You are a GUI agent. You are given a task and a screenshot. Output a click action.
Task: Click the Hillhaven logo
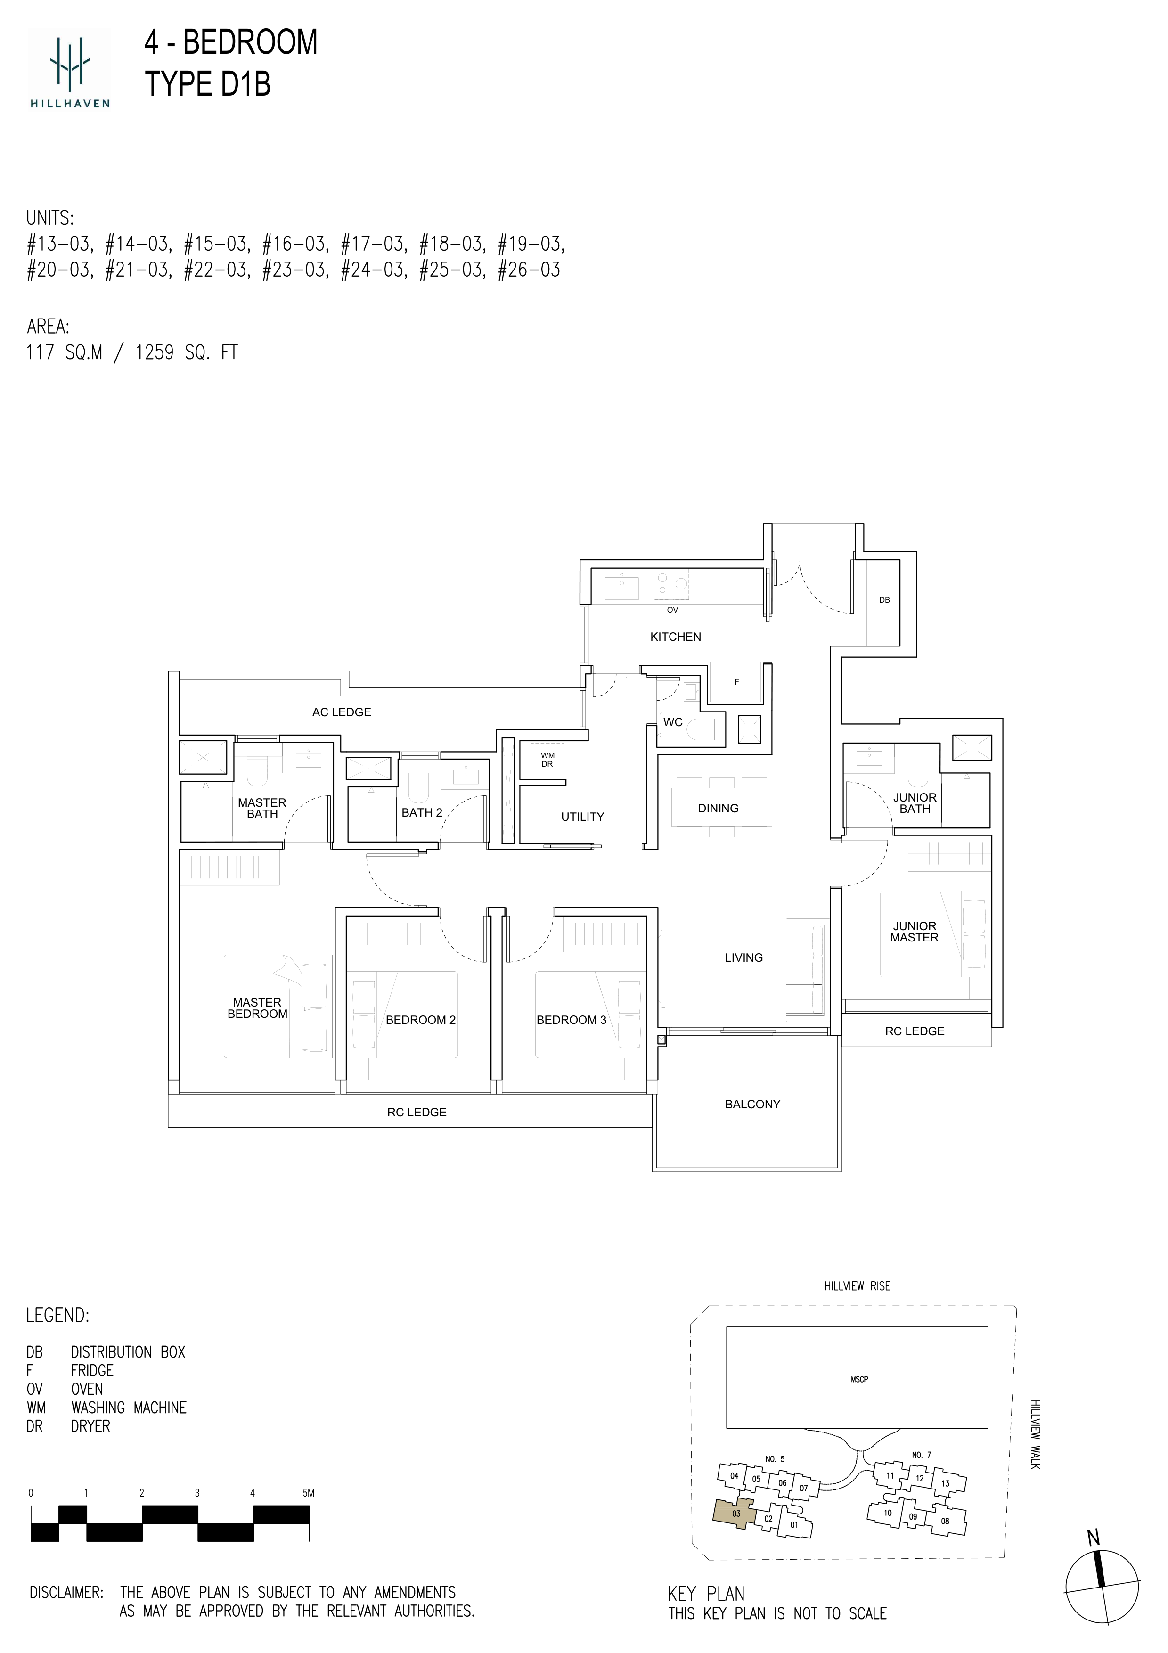coord(70,68)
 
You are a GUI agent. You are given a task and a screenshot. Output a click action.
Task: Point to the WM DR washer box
coord(547,760)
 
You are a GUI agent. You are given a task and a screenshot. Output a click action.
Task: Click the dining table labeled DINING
coord(722,807)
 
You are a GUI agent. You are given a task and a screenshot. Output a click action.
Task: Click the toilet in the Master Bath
coord(257,771)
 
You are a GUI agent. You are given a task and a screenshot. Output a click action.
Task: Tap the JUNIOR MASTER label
coord(914,932)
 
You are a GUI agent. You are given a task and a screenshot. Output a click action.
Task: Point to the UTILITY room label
coord(582,817)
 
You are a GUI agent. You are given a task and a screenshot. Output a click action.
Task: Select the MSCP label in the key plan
coord(859,1379)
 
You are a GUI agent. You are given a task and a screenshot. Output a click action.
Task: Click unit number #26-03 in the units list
coord(529,270)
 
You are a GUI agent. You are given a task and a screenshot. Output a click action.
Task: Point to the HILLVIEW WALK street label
coord(1035,1434)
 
